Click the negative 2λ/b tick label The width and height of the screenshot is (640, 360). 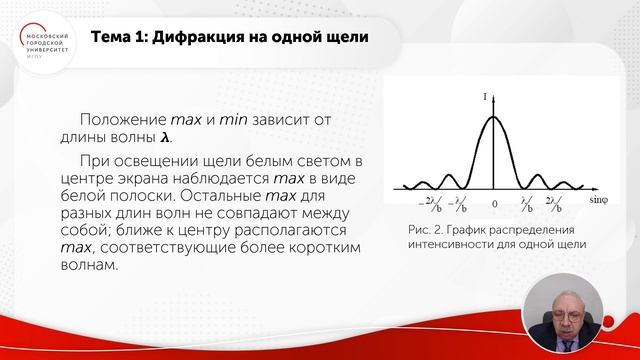[426, 205]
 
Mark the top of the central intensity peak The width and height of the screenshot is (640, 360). [491, 117]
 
